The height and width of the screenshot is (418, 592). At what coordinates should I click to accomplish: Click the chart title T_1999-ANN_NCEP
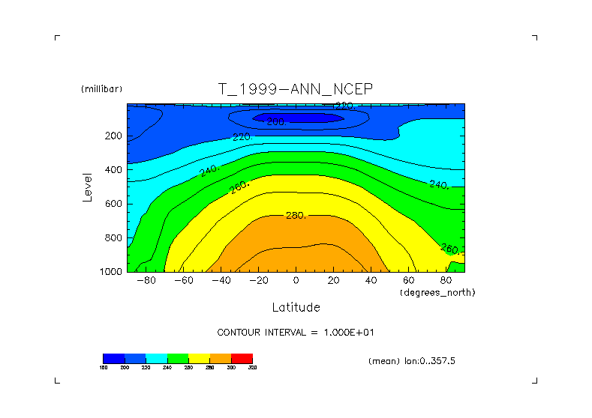click(x=296, y=89)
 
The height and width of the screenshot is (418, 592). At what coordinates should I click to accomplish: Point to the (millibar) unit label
click(x=101, y=89)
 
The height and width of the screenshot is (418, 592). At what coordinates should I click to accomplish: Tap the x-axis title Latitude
click(x=296, y=307)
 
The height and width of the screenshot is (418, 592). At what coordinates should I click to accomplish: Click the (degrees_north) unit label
click(x=437, y=291)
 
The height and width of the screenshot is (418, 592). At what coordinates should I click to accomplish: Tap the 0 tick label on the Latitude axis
click(x=296, y=280)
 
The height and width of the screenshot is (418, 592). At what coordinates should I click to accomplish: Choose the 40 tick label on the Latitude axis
click(x=371, y=280)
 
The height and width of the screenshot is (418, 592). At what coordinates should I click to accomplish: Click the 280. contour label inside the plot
click(x=296, y=216)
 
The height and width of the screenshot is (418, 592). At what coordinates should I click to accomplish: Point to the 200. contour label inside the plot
click(x=277, y=121)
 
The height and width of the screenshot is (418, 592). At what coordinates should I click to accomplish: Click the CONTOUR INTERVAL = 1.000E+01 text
click(x=301, y=332)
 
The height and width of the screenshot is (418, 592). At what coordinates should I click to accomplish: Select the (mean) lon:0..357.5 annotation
click(x=412, y=361)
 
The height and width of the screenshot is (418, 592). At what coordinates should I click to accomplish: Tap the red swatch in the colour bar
click(x=242, y=358)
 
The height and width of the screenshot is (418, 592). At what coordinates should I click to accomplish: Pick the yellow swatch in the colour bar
click(x=199, y=358)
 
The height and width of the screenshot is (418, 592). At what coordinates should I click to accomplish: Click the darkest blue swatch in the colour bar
click(x=113, y=358)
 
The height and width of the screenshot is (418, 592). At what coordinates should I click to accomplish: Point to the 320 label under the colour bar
click(x=252, y=368)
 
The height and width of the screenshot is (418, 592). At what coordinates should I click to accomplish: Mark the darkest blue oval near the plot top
click(x=298, y=117)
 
